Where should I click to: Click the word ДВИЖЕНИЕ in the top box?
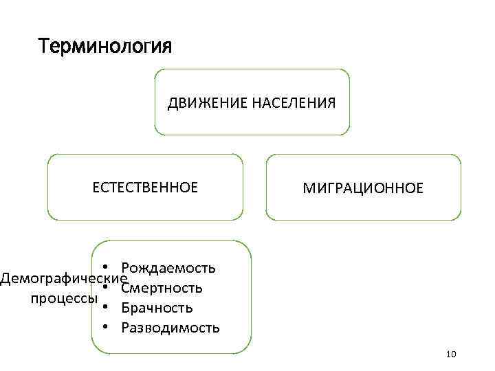pos(199,103)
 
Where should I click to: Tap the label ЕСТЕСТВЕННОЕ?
pos(145,187)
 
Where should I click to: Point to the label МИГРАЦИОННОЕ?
pos(364,188)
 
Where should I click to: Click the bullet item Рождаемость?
pos(168,267)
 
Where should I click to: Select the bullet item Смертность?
pos(162,287)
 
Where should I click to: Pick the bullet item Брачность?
pos(157,307)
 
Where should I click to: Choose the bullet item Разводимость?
pos(170,327)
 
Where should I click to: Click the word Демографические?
pos(64,278)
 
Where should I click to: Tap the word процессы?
pos(63,298)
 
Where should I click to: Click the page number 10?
pos(451,355)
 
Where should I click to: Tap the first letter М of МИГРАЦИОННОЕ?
pos(309,188)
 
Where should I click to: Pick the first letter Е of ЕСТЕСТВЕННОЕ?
pos(96,187)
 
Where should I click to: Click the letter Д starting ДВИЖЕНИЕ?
pos(173,103)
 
